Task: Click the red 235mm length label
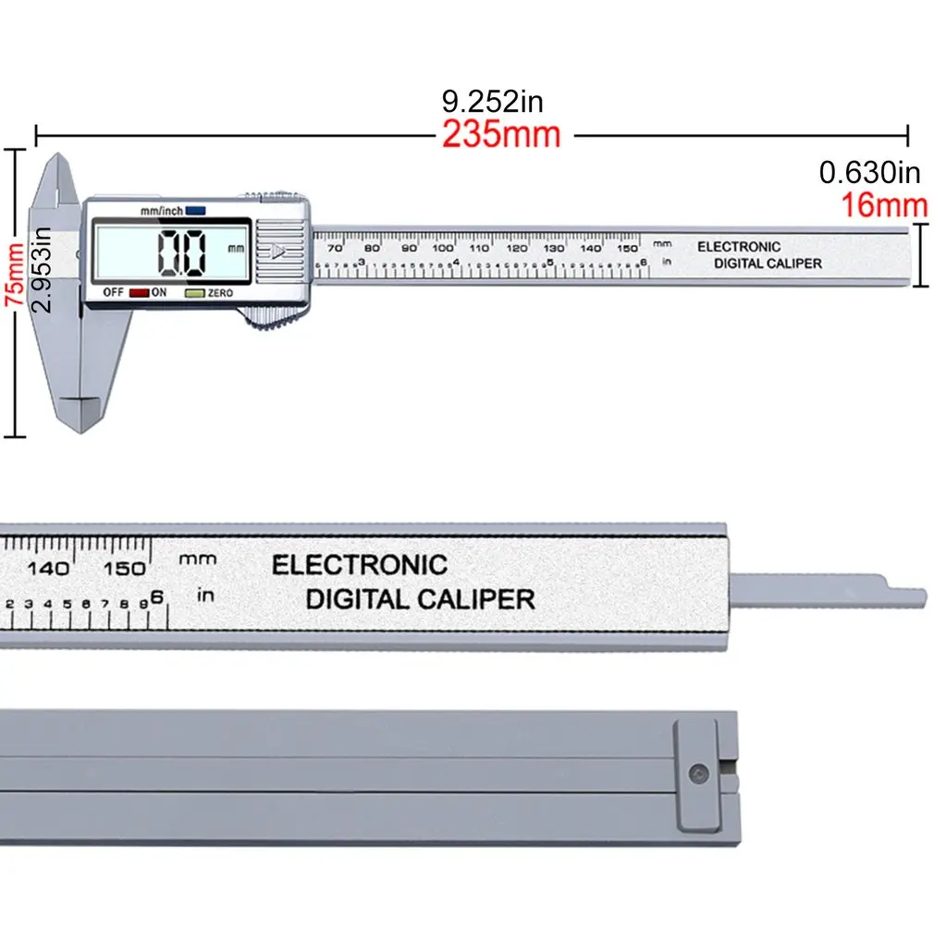[500, 135]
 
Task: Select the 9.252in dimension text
[491, 100]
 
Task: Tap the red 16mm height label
[883, 204]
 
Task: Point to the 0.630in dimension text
[870, 172]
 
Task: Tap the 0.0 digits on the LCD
[181, 252]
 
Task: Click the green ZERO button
[193, 292]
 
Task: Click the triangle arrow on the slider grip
[278, 250]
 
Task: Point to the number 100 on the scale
[443, 248]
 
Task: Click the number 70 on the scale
[335, 248]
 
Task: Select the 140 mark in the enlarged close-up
[47, 569]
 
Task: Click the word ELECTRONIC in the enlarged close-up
[359, 565]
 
